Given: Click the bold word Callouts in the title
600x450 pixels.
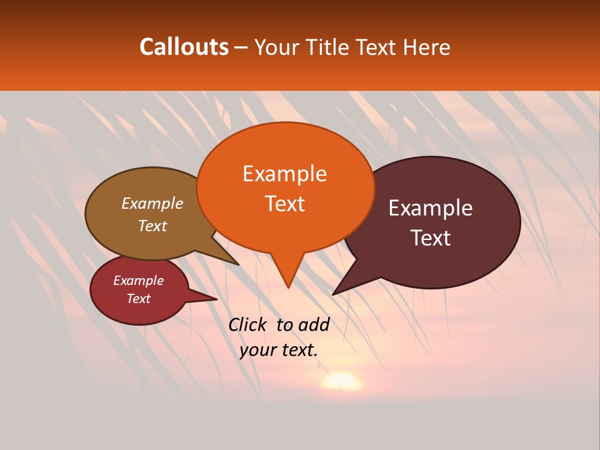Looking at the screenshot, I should [184, 47].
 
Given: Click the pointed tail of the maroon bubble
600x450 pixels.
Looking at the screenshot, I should [335, 293].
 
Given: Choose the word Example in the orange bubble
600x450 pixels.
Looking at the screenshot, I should [284, 174].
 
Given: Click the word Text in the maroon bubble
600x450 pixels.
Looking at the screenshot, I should [431, 238].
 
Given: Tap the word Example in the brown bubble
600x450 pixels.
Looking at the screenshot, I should [152, 204].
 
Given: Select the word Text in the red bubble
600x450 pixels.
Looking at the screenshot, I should [138, 299].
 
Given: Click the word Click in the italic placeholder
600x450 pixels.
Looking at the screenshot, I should [247, 324].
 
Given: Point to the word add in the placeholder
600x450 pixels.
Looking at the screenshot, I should [314, 324].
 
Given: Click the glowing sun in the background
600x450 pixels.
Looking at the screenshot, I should [341, 381].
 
